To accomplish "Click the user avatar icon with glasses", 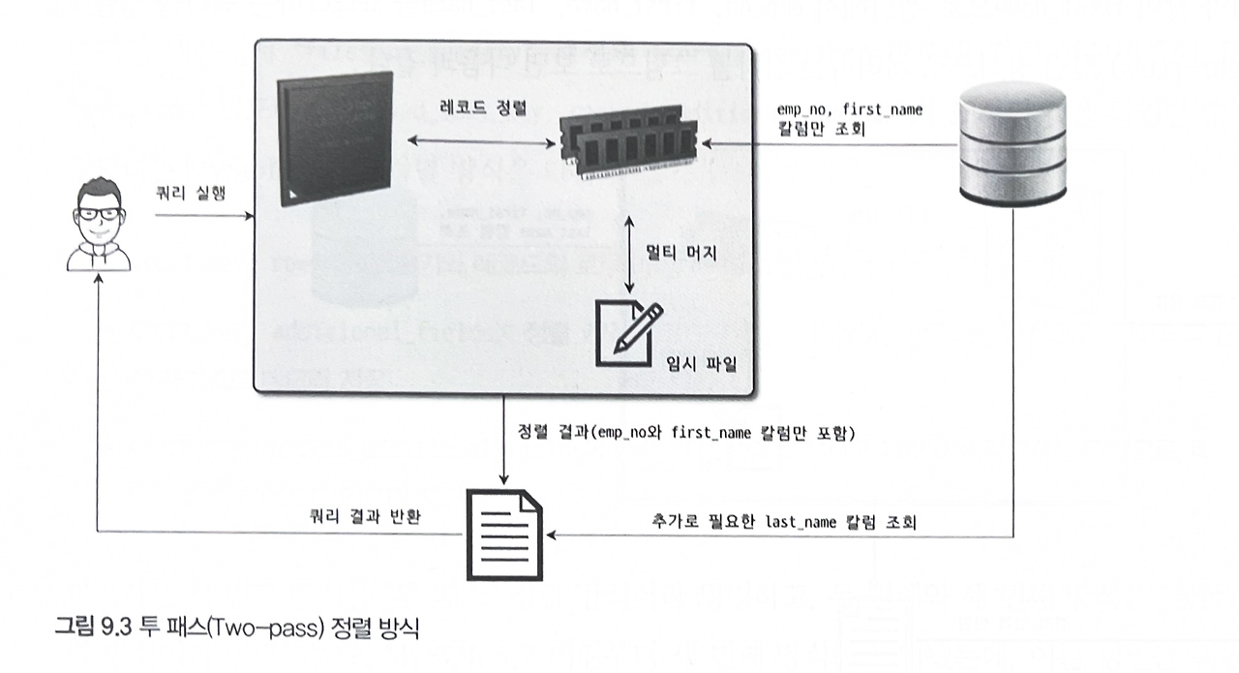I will coord(98,223).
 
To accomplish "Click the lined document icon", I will coord(503,532).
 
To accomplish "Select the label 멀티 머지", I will coord(681,254).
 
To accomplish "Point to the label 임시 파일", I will coord(702,363).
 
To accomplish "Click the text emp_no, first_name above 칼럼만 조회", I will coord(849,110).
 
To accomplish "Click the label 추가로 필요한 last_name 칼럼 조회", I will coord(784,520).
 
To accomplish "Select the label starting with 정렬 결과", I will coord(686,433).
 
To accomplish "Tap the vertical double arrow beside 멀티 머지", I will coord(631,253).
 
